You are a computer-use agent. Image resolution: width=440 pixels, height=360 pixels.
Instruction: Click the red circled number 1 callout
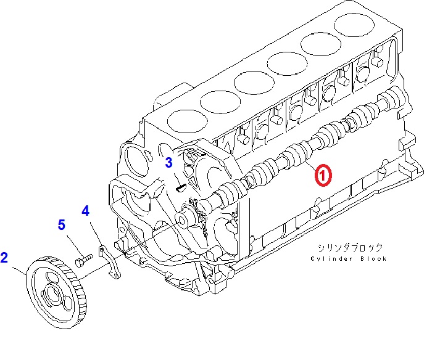coord(323,175)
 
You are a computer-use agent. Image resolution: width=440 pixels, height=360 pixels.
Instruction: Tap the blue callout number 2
coord(4,258)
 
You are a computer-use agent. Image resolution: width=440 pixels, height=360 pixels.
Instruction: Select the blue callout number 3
coord(168,163)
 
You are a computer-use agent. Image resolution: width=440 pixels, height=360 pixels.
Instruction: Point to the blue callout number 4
coord(86,211)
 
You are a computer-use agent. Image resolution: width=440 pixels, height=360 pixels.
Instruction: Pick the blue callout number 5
coord(62,224)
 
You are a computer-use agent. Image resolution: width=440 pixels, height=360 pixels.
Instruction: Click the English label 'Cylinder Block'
coord(349,259)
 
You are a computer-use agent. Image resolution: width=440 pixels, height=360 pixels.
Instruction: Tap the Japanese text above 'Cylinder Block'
coord(350,248)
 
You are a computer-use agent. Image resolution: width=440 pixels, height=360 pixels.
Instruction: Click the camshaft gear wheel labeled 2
coord(56,292)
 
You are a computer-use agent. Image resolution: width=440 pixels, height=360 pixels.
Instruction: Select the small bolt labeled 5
coord(84,260)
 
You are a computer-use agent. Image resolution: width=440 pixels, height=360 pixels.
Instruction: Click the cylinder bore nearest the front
coord(187,122)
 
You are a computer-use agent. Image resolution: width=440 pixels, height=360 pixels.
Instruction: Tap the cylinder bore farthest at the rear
coord(354,25)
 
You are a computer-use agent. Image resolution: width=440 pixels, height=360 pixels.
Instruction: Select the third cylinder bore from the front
coord(254,83)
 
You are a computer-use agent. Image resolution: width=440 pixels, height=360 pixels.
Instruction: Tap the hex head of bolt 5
coord(80,262)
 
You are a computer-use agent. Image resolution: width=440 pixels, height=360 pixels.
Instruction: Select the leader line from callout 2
coord(19,270)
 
